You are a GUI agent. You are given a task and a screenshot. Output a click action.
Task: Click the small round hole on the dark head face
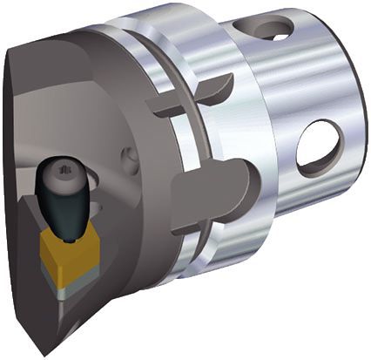131,159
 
